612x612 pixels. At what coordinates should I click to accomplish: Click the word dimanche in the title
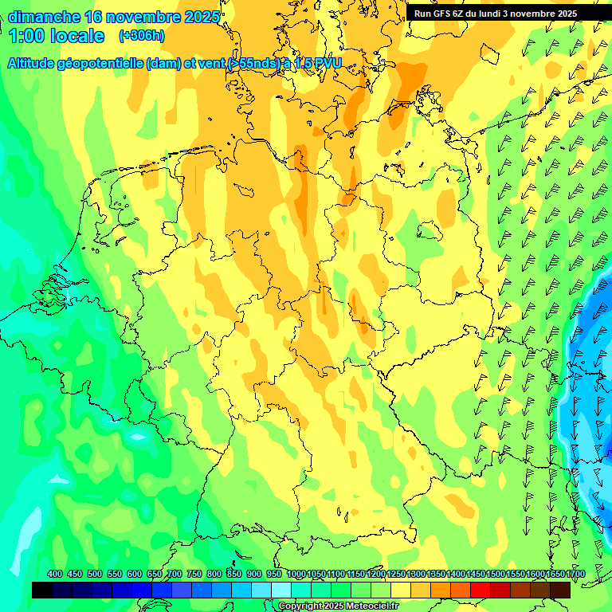click(43, 17)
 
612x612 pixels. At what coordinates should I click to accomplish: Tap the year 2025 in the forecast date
click(202, 17)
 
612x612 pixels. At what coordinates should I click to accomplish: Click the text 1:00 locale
click(57, 36)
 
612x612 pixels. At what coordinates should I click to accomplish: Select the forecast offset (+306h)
click(141, 36)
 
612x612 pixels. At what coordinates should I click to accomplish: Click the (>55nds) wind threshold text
click(252, 63)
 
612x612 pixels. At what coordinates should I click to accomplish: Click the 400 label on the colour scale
click(55, 574)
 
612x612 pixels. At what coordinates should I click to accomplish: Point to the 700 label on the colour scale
click(175, 574)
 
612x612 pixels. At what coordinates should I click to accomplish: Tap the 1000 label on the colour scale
click(295, 574)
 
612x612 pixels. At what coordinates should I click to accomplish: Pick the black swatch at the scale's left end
click(42, 590)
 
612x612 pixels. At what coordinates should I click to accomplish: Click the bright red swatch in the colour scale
click(481, 590)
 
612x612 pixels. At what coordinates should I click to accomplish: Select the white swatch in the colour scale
click(281, 590)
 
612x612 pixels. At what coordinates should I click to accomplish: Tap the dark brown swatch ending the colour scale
click(560, 590)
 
